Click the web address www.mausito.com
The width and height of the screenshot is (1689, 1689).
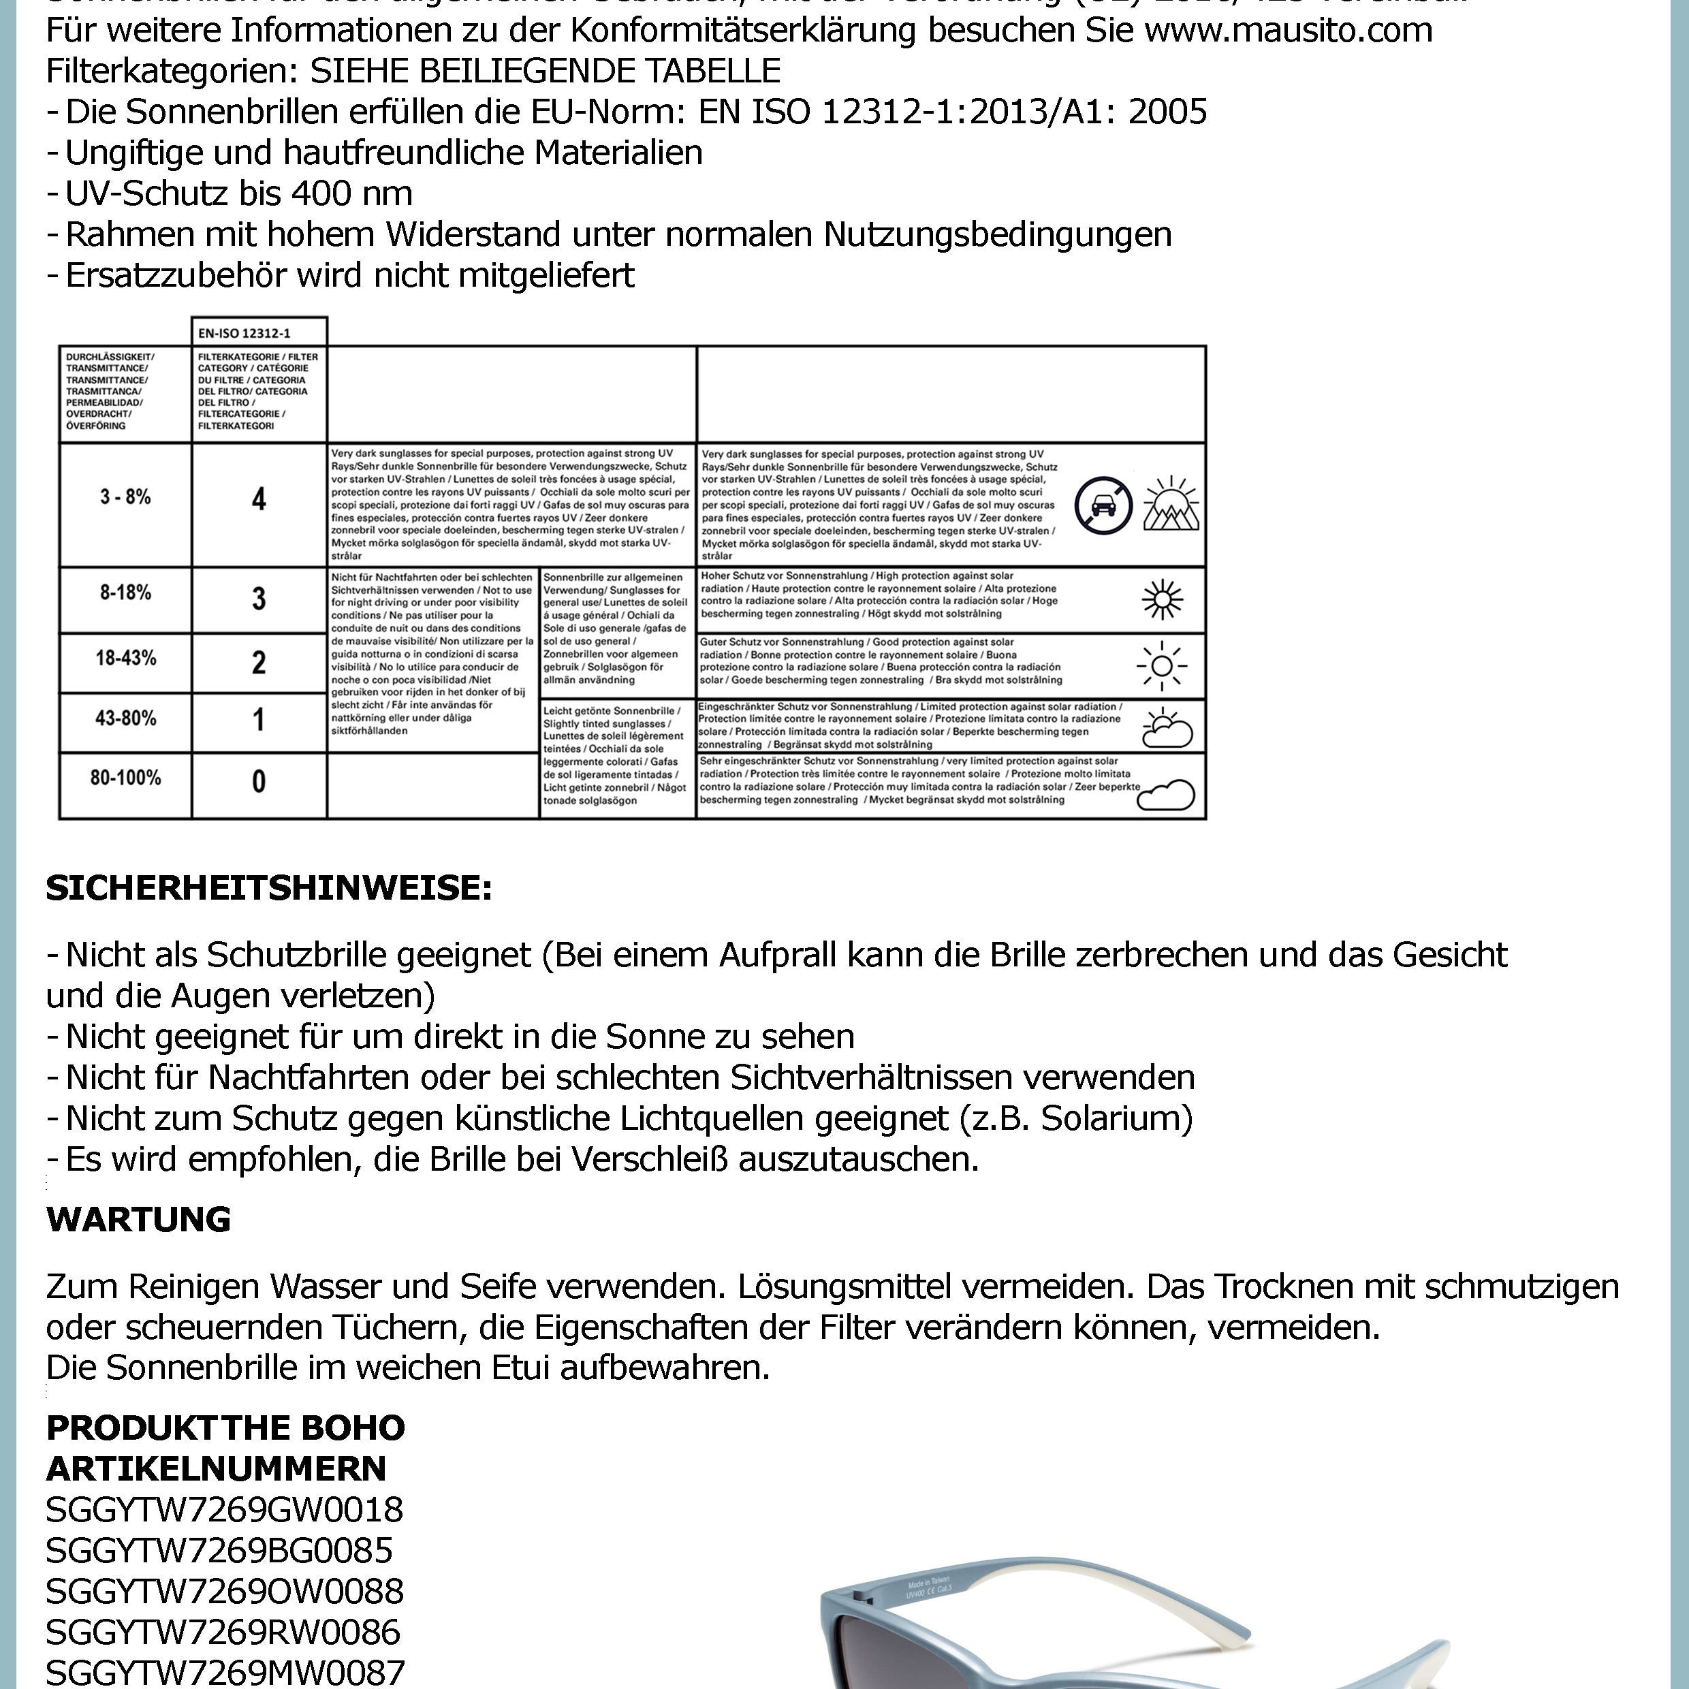click(x=1288, y=31)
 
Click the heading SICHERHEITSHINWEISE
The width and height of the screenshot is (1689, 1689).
click(x=269, y=888)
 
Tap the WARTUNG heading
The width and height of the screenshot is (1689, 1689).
click(x=138, y=1218)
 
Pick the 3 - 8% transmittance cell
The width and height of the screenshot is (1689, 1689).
click(x=125, y=497)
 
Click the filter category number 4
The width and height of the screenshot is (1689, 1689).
click(x=259, y=499)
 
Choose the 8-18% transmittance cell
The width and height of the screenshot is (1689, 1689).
click(x=125, y=593)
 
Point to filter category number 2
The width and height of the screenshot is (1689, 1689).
click(x=259, y=663)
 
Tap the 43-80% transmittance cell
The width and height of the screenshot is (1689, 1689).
click(x=125, y=719)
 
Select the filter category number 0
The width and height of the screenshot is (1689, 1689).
click(x=259, y=780)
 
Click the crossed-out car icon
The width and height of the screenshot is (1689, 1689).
click(x=1103, y=505)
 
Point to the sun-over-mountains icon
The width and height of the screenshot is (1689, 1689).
click(x=1171, y=505)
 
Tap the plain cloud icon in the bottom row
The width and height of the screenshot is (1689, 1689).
click(x=1167, y=795)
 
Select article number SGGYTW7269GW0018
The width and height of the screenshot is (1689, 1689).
click(x=225, y=1510)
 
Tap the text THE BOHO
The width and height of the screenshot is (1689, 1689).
click(x=315, y=1427)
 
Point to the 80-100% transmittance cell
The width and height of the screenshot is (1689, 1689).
click(x=125, y=778)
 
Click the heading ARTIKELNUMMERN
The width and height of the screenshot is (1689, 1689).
click(x=216, y=1469)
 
